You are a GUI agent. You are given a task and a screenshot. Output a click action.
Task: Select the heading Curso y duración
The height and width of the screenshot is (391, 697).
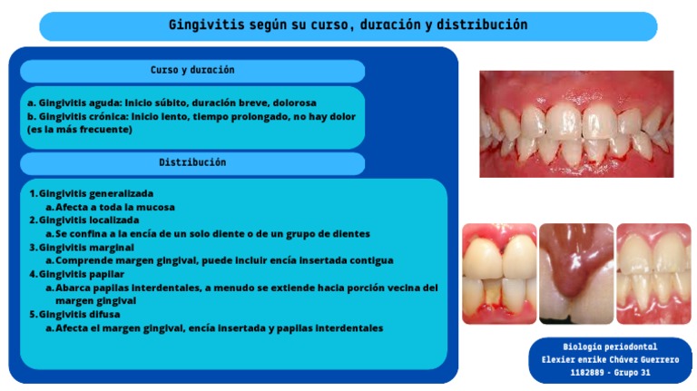192,70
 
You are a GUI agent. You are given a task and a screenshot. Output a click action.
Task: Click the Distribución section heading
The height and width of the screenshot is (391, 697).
192,162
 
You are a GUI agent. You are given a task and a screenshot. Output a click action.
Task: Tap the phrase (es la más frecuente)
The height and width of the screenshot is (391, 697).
80,130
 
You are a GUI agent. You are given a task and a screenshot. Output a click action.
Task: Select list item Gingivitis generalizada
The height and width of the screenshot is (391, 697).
96,194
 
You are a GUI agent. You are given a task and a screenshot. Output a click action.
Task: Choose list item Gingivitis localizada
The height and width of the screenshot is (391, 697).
89,220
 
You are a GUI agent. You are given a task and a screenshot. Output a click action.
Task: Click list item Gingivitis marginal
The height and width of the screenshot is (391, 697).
86,248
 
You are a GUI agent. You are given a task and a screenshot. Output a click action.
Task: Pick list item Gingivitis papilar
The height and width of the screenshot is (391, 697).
82,274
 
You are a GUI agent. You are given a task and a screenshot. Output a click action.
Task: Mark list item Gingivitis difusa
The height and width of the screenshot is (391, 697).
80,315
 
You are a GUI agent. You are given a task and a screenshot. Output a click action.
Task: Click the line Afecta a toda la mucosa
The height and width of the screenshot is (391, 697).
115,208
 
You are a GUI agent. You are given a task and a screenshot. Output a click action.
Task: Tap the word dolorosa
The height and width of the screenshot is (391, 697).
295,103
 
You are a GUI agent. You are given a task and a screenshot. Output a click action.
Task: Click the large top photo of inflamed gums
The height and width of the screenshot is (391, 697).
576,124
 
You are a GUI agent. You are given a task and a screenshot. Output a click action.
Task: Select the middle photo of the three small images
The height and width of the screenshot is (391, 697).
576,274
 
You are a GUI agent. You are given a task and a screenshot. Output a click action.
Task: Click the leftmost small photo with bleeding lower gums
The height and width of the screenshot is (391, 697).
499,274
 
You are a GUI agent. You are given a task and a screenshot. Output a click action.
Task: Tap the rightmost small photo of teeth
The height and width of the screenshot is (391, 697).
653,274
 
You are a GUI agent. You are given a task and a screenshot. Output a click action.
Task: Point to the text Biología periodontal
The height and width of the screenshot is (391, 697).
610,347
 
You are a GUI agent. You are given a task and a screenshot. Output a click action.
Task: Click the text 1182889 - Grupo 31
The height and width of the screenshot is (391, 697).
610,373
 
